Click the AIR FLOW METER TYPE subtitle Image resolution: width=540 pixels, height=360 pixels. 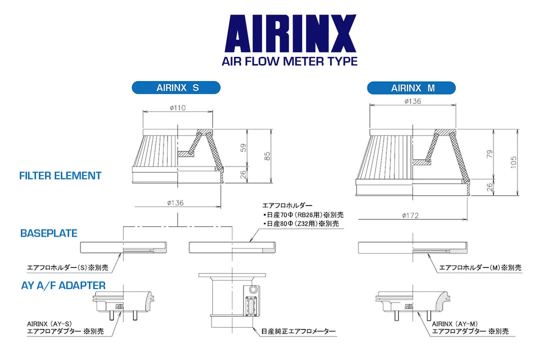[289, 61]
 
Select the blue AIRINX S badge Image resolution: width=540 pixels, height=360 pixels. [177, 88]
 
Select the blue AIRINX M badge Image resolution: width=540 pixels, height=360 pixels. [411, 88]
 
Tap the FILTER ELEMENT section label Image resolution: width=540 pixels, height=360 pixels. [60, 175]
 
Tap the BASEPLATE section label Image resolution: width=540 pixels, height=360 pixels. [48, 233]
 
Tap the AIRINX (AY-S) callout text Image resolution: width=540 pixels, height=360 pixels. [48, 323]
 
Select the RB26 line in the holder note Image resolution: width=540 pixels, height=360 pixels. [303, 215]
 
